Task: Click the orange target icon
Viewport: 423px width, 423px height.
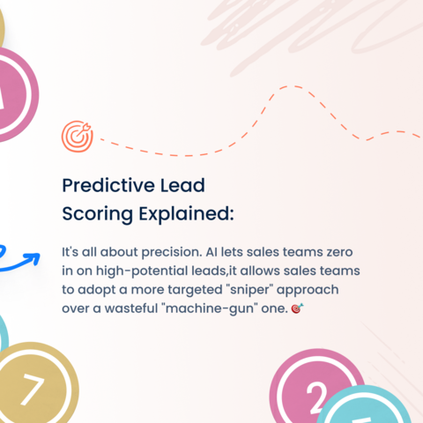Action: click(x=75, y=135)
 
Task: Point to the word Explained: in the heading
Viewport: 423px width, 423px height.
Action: click(x=185, y=213)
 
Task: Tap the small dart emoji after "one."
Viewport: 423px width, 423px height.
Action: click(x=295, y=310)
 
